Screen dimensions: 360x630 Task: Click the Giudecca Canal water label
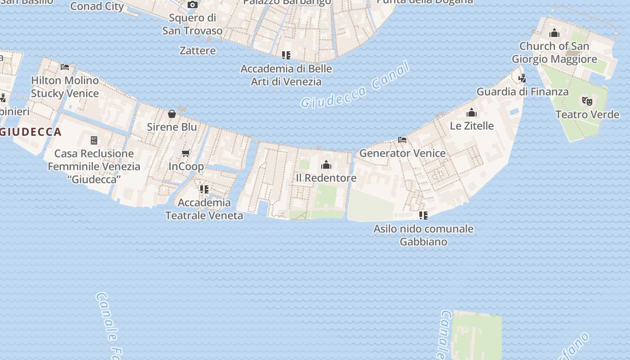(355, 86)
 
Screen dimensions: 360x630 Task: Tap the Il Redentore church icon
(326, 165)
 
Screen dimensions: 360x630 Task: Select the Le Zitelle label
(472, 126)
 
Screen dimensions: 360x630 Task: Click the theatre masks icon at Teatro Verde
(587, 101)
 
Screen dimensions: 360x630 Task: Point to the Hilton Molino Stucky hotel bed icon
(65, 67)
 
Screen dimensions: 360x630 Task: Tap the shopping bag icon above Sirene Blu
(172, 114)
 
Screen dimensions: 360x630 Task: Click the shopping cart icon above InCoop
(186, 153)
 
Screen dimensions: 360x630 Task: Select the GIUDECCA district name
(31, 132)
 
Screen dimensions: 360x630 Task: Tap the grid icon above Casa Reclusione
(94, 140)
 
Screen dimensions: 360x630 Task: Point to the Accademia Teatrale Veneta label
(204, 209)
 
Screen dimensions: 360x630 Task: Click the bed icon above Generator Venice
(402, 140)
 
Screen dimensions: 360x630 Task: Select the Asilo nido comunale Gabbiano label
(423, 235)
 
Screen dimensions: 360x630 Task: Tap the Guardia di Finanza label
(522, 92)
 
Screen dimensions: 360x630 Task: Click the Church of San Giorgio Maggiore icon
(554, 33)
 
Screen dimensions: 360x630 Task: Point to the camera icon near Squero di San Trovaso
(192, 5)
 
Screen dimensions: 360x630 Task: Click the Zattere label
(198, 50)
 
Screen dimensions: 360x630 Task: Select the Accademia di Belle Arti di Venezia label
(286, 75)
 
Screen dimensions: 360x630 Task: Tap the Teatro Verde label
(587, 114)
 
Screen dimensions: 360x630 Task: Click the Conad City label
(97, 6)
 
